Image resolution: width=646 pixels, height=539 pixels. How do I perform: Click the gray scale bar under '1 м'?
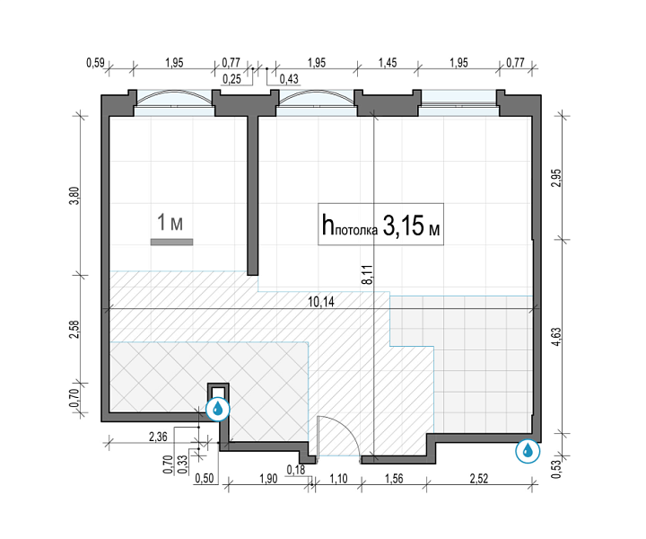tap(171, 242)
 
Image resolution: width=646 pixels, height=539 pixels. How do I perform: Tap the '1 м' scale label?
tap(170, 223)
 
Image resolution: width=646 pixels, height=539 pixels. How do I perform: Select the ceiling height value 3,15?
tap(404, 225)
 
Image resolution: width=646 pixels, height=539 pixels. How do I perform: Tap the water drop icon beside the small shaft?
tap(217, 409)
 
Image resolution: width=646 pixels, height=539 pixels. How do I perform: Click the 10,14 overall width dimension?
tap(321, 302)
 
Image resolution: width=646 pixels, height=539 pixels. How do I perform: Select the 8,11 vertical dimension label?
tap(368, 274)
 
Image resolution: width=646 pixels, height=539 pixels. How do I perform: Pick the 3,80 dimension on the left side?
tap(74, 197)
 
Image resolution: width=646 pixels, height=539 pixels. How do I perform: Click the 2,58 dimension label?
tap(74, 329)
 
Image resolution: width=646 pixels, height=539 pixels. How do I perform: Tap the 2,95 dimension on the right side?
tap(556, 178)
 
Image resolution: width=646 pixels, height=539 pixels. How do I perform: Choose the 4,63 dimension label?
tap(556, 337)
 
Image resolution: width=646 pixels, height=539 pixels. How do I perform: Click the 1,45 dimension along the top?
tap(388, 63)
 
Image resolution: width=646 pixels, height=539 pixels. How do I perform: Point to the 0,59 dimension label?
tap(95, 63)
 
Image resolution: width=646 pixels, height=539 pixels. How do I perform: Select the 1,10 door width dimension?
tap(338, 479)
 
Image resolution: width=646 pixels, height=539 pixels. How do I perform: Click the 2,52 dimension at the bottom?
tap(479, 479)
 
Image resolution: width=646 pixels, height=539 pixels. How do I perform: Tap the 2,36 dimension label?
tap(158, 437)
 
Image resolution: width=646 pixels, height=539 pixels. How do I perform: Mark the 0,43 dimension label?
tap(289, 79)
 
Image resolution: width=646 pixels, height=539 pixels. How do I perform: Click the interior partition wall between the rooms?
tap(252, 196)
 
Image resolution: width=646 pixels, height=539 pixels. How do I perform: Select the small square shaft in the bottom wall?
tap(218, 391)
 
